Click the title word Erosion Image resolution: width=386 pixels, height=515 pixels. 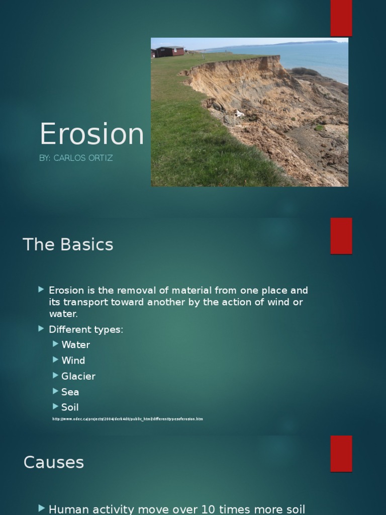coord(91,134)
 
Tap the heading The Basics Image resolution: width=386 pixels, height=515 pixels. coord(68,245)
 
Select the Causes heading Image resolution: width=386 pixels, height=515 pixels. coord(53,462)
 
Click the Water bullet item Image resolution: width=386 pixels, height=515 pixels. coord(75,345)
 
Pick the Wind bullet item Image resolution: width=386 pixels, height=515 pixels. coord(73,361)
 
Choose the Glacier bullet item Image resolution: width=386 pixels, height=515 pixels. coord(78,376)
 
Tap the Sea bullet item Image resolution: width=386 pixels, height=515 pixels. coord(70,392)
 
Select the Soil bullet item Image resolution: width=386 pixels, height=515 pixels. coord(70,407)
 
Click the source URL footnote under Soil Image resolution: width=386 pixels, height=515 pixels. coord(128,419)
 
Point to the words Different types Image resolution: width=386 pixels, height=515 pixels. coord(85,329)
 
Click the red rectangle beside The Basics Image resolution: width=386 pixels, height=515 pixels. coord(341,236)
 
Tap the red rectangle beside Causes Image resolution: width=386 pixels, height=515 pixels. coord(341,454)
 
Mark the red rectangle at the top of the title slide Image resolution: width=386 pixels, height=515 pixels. coord(341,18)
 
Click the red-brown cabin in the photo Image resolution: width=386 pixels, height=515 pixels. coord(169,51)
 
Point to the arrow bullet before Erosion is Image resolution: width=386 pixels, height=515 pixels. coord(41,290)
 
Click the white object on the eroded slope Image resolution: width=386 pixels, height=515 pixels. coord(239,114)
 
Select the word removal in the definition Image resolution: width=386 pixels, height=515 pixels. coord(133,291)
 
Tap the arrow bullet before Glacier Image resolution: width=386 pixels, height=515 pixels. coord(55,376)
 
